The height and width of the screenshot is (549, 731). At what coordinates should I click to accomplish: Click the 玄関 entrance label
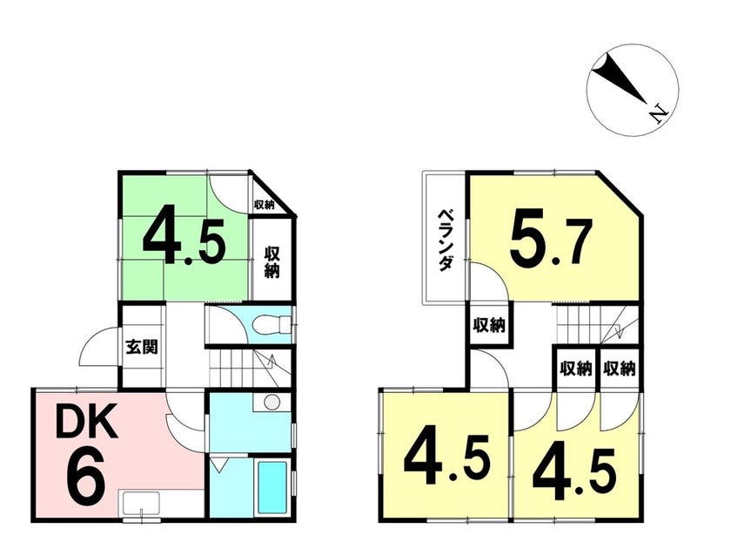142,347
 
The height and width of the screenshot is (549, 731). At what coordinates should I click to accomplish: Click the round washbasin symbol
272,402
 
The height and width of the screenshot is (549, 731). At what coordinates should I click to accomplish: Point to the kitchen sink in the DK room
141,504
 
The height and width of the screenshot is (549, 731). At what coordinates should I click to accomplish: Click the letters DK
86,422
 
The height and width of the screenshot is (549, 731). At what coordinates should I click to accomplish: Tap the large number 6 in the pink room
85,476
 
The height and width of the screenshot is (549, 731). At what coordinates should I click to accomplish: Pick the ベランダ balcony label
446,241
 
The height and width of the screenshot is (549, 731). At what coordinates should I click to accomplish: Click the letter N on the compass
659,113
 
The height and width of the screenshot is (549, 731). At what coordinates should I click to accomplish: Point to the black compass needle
619,78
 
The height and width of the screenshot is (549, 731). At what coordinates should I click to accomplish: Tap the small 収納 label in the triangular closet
264,205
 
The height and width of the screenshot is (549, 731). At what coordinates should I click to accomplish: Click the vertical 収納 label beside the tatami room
272,262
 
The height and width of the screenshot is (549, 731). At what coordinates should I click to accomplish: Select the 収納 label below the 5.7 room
489,325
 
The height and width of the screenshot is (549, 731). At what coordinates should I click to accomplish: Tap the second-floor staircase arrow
619,327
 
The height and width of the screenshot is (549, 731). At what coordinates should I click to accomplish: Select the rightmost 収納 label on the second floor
619,369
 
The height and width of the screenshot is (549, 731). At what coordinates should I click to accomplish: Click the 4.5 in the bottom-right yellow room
574,473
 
